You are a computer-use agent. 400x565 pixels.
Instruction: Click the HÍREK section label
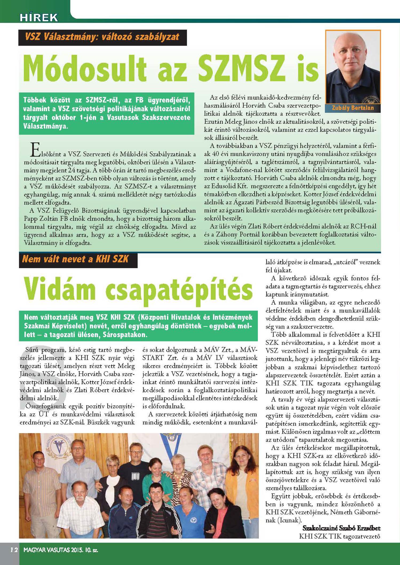click(x=39, y=17)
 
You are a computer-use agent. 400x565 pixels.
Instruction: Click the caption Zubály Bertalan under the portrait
click(x=353, y=108)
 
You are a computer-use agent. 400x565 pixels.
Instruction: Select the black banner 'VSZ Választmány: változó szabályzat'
click(x=102, y=37)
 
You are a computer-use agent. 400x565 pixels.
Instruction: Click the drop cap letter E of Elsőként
click(x=35, y=150)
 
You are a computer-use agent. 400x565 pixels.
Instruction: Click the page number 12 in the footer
click(x=14, y=550)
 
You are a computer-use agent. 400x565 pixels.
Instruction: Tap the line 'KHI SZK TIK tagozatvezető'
click(x=339, y=536)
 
